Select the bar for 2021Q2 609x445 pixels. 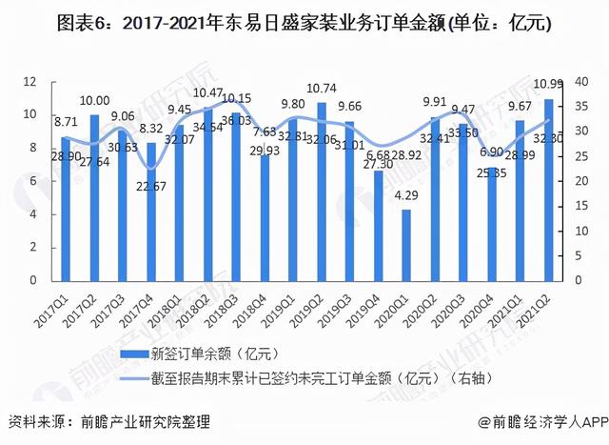(547, 191)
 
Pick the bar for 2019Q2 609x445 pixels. (322, 192)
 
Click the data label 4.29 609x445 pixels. (406, 195)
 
